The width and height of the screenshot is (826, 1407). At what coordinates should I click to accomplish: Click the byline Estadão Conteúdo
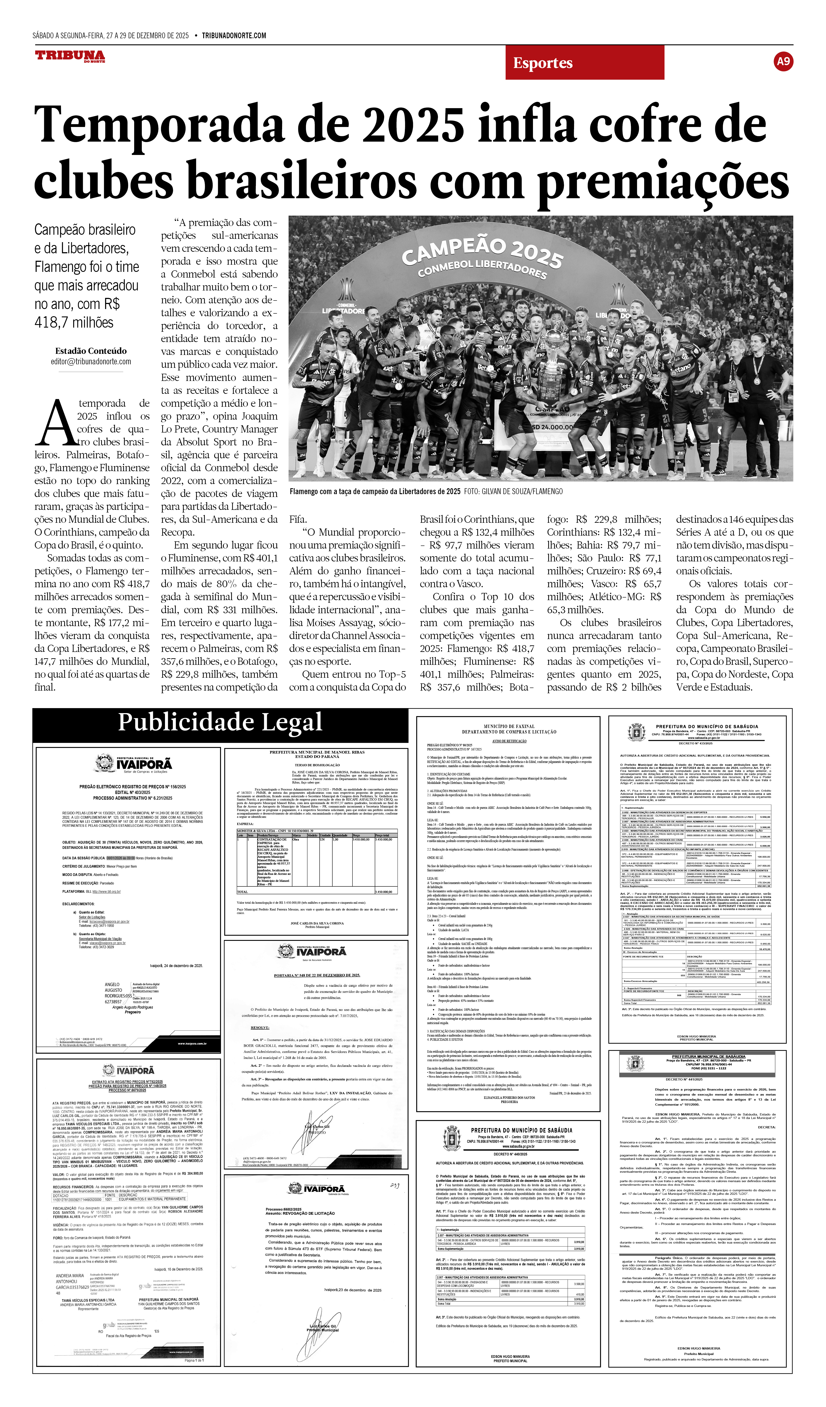(x=91, y=351)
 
